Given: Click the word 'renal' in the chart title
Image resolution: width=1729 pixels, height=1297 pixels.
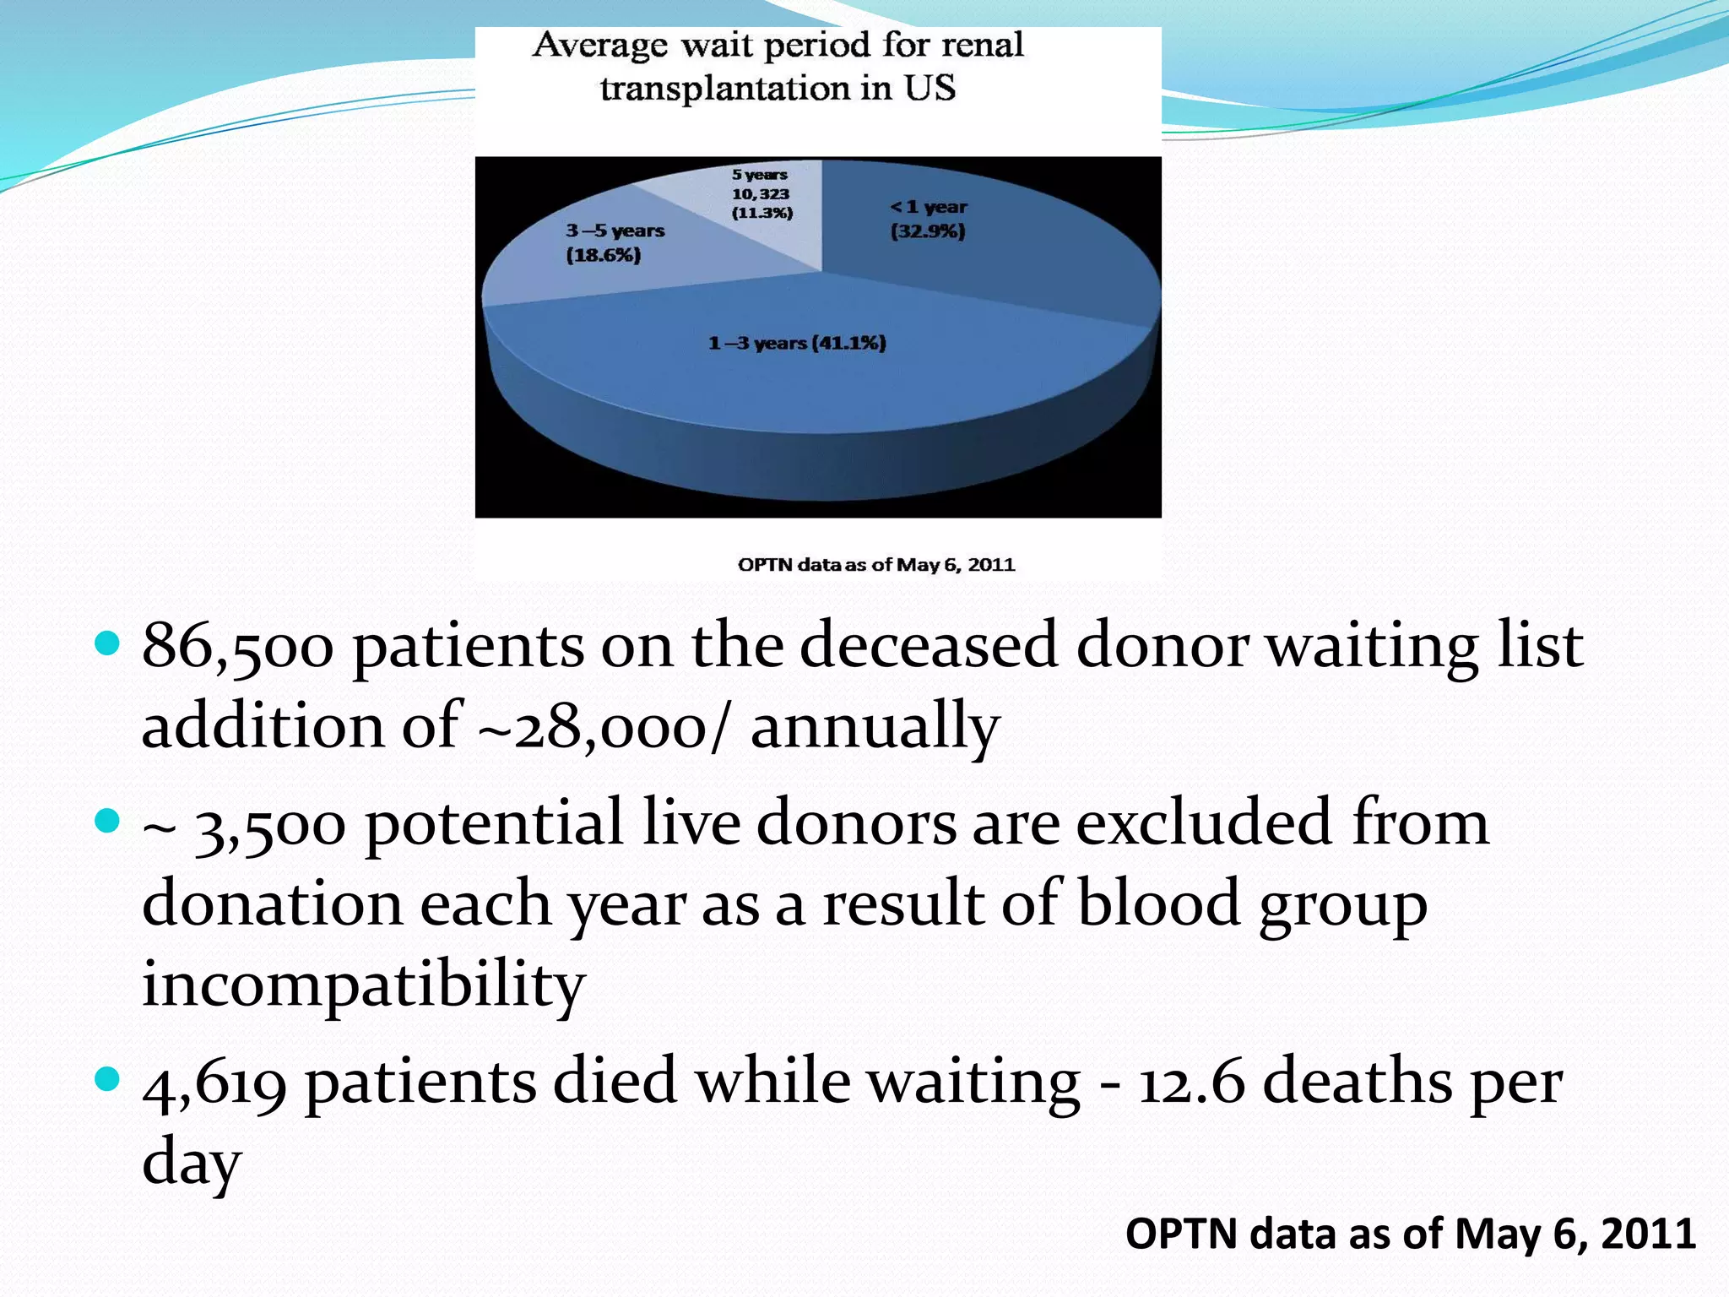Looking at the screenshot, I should pyautogui.click(x=982, y=45).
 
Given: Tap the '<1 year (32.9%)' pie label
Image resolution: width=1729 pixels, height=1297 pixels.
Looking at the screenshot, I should pyautogui.click(x=928, y=219).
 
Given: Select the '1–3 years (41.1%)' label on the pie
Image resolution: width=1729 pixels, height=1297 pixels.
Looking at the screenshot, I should pyautogui.click(x=797, y=343).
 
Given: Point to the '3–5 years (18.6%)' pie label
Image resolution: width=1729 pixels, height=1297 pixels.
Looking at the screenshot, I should pyautogui.click(x=615, y=242).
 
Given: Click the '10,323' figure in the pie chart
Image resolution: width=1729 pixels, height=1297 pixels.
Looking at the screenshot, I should pyautogui.click(x=761, y=193).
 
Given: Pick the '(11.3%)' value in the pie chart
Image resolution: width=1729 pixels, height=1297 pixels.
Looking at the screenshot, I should pyautogui.click(x=762, y=213).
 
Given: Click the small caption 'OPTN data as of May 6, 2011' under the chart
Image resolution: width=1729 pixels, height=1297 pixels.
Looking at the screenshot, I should pyautogui.click(x=875, y=565).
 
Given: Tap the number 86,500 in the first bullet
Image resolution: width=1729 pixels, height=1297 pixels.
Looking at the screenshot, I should pyautogui.click(x=237, y=647).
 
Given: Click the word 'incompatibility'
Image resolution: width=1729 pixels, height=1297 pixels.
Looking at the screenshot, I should pyautogui.click(x=363, y=985).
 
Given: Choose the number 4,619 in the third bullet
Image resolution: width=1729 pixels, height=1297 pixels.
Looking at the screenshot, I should pyautogui.click(x=214, y=1083).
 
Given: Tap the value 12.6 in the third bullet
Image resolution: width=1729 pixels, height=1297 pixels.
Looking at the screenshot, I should pyautogui.click(x=1191, y=1083).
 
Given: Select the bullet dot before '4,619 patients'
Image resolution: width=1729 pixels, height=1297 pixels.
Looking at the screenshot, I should pyautogui.click(x=107, y=1079).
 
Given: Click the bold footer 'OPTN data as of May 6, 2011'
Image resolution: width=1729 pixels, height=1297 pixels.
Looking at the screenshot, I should pyautogui.click(x=1410, y=1234).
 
